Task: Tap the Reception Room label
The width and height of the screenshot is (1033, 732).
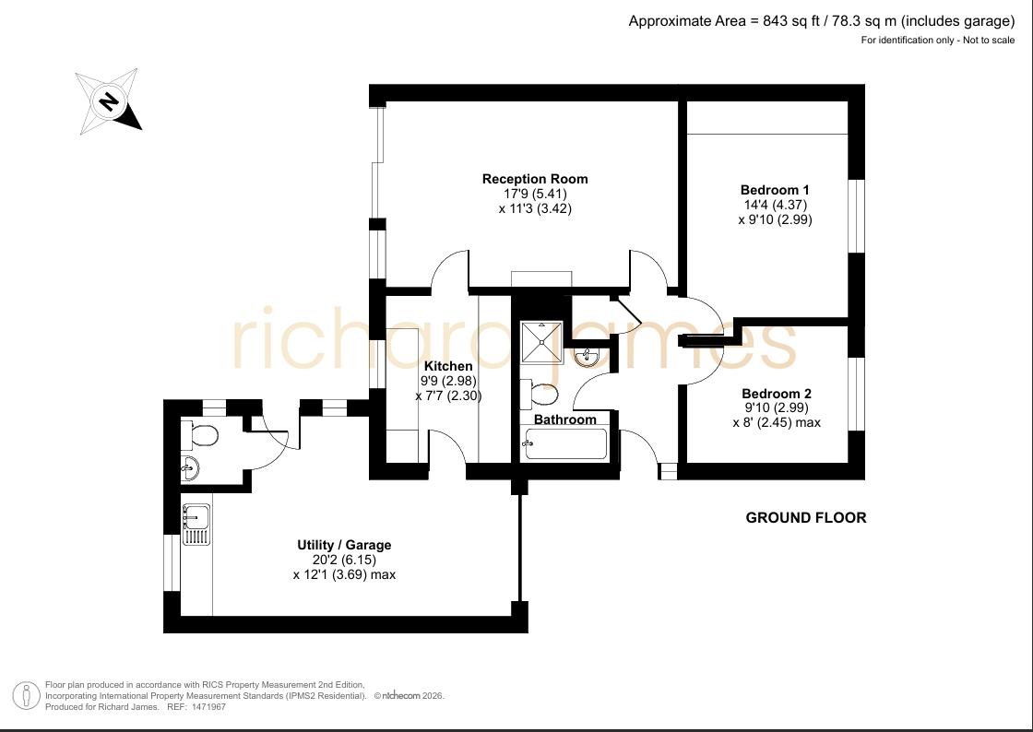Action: [x=535, y=179]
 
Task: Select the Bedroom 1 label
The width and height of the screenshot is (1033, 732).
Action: [x=775, y=190]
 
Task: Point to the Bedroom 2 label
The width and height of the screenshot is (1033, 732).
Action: [x=777, y=394]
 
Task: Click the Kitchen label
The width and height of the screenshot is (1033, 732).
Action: [x=448, y=366]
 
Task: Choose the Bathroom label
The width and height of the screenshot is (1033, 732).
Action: [x=565, y=419]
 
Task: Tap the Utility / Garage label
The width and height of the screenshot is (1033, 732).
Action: [x=344, y=545]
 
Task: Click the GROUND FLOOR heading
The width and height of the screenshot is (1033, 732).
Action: [x=806, y=518]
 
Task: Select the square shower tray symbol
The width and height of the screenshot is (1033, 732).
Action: [x=542, y=342]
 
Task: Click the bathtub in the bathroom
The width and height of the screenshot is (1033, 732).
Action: [x=564, y=443]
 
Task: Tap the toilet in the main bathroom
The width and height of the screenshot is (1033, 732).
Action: [x=539, y=395]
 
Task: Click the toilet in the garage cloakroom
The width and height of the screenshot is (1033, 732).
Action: [x=199, y=435]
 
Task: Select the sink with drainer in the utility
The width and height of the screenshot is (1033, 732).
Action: [x=196, y=525]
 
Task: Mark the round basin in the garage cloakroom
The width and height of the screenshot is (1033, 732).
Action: [x=190, y=468]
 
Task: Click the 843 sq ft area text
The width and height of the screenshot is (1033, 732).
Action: [x=790, y=21]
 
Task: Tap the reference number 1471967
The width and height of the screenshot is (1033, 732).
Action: [x=208, y=707]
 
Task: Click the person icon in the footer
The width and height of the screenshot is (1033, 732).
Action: [x=27, y=696]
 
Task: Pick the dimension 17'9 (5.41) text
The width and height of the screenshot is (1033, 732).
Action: [x=535, y=195]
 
